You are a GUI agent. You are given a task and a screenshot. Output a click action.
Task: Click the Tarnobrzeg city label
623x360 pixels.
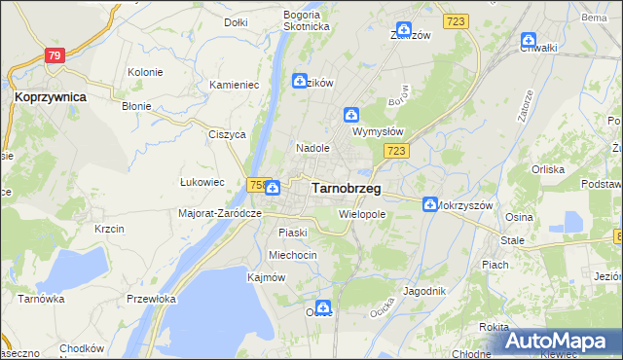point(346,188)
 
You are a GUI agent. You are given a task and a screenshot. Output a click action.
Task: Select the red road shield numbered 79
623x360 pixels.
point(55,56)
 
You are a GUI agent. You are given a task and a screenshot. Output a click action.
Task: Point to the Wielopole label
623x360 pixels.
point(363,213)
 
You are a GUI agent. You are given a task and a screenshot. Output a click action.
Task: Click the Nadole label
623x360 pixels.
point(313,148)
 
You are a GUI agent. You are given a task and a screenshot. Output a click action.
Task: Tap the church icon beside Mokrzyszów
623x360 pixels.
point(429,203)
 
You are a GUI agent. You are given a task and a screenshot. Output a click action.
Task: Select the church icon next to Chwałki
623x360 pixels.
point(528,41)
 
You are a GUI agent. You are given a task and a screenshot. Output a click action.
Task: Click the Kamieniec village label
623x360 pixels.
point(234,86)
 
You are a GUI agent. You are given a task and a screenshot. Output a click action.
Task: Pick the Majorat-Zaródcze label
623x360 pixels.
point(221,213)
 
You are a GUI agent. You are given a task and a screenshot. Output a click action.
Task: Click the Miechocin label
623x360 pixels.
point(293,255)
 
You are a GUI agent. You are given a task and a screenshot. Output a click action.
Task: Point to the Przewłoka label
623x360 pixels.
point(151,300)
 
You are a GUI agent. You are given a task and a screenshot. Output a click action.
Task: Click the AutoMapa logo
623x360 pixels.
point(561,342)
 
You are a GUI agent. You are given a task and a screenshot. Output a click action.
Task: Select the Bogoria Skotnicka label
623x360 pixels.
point(307,20)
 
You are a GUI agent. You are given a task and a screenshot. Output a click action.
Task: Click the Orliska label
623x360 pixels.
point(548,169)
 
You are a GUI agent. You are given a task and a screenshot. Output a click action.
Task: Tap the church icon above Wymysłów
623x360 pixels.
point(351,114)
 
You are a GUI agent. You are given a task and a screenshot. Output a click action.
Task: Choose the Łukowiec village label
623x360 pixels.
point(202,182)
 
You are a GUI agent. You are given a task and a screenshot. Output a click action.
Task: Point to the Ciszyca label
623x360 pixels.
point(226,135)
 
